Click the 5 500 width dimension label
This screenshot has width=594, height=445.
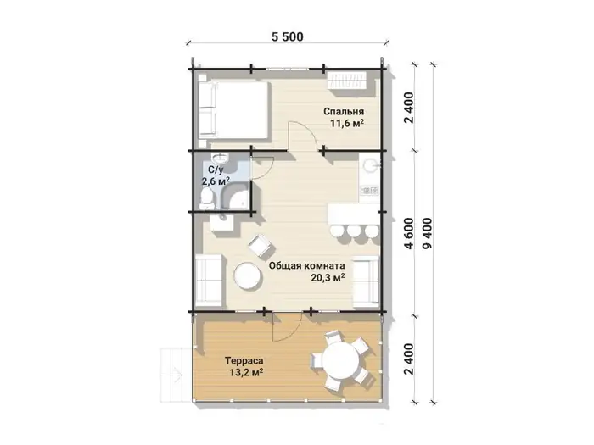point(288,36)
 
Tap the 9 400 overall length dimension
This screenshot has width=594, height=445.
point(428,233)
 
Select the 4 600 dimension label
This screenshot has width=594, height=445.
point(409,233)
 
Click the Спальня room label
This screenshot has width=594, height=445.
point(344,111)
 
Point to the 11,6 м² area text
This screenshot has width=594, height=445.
point(347,123)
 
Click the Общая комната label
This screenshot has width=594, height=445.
point(307,265)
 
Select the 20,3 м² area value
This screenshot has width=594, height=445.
point(328,277)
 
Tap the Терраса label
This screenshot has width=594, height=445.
point(244,360)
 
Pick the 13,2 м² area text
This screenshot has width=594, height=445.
point(246,372)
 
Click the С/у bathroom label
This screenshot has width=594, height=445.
point(216,170)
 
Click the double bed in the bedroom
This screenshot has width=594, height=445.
point(233,110)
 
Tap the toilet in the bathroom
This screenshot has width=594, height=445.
point(206,198)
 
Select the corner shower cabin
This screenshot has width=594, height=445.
point(237,197)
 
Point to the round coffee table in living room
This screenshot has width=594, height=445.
point(248,276)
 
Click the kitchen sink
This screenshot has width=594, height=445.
point(370,165)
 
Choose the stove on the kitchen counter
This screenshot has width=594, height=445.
point(369,190)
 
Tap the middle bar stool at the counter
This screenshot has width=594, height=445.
point(354,231)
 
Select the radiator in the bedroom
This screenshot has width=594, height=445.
point(347,81)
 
